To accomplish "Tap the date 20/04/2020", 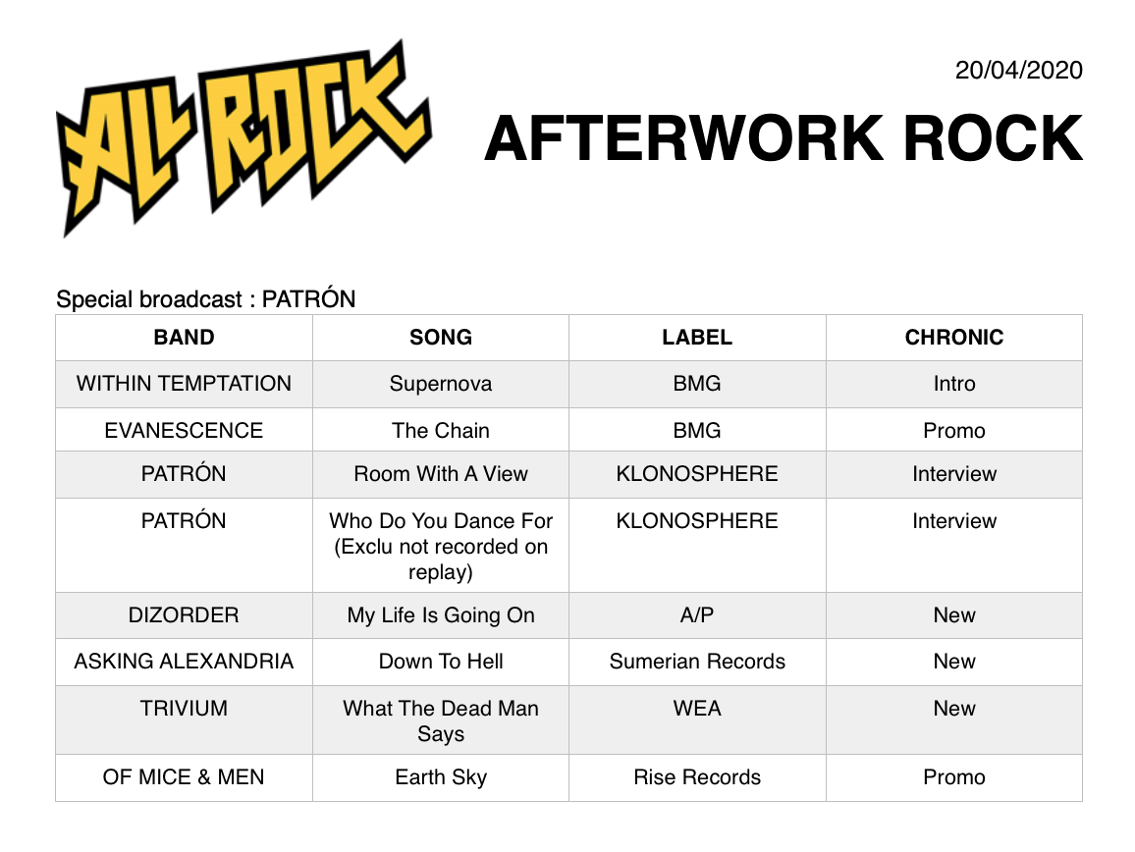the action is (1018, 71).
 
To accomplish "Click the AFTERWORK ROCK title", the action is (784, 138).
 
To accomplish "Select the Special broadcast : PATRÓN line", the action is (205, 298).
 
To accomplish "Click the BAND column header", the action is (184, 338).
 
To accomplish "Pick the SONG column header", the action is (441, 338).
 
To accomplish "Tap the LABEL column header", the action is (697, 338).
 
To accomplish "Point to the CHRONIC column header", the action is (954, 338).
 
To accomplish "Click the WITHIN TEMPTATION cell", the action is (184, 384).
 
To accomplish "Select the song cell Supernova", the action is (441, 384).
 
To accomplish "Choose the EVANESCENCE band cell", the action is (184, 431).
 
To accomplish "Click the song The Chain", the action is (441, 431).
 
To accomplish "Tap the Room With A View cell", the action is (441, 474).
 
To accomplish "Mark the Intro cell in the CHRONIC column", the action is (954, 384).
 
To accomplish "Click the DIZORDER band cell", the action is (184, 615).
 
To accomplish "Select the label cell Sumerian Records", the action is (697, 662).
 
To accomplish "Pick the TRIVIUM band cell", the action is (184, 709).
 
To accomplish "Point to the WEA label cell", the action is (697, 709).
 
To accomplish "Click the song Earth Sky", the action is (441, 777).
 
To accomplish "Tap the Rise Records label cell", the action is (697, 777).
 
